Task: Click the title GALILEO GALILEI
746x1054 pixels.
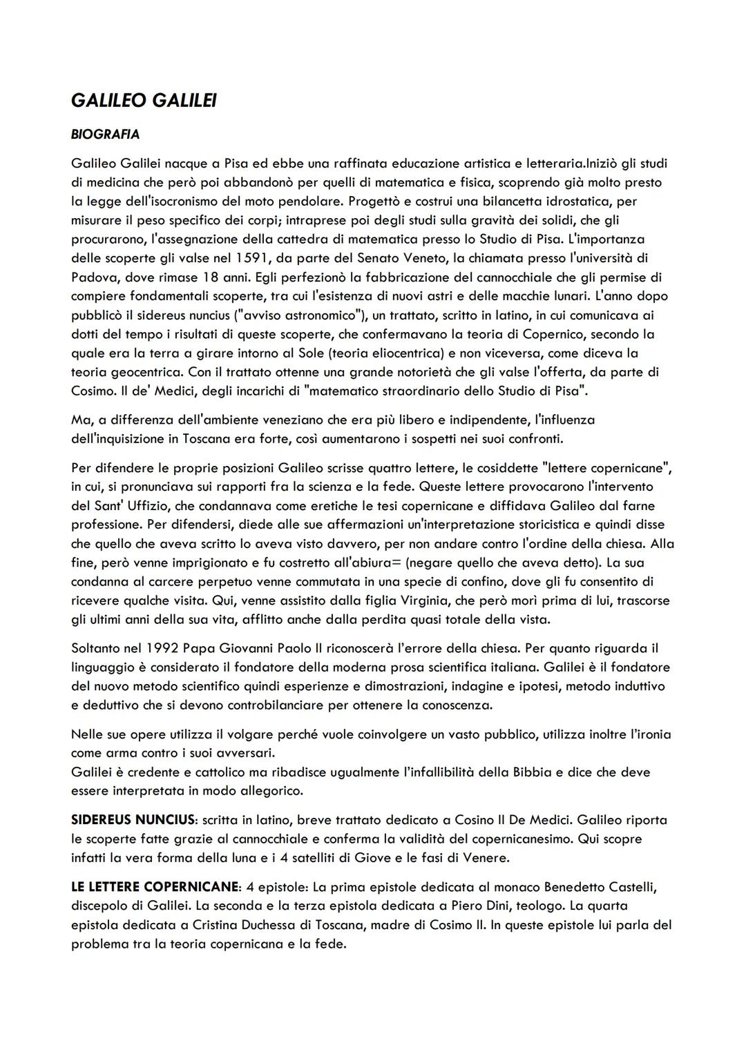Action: [x=144, y=101]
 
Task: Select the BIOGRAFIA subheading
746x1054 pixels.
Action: [x=105, y=134]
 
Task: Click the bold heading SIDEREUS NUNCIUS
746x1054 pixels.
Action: [x=133, y=820]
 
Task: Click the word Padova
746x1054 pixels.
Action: [x=94, y=277]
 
